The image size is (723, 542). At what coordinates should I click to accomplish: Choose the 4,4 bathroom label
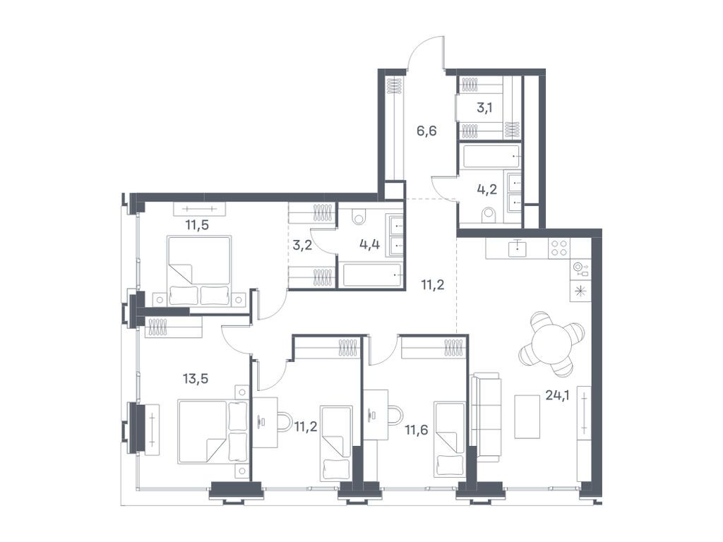pos(369,245)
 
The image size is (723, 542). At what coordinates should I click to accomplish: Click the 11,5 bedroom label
pos(197,225)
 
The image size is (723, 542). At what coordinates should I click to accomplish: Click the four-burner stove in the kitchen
pos(559,248)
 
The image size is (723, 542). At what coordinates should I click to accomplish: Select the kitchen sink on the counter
pos(518,248)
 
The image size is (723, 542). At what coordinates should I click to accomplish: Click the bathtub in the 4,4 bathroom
pos(371,275)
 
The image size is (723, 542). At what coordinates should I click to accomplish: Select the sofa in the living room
pos(485,416)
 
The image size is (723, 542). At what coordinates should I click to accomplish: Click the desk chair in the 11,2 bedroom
pos(283,422)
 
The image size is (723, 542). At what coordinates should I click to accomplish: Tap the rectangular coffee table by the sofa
pos(527,416)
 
